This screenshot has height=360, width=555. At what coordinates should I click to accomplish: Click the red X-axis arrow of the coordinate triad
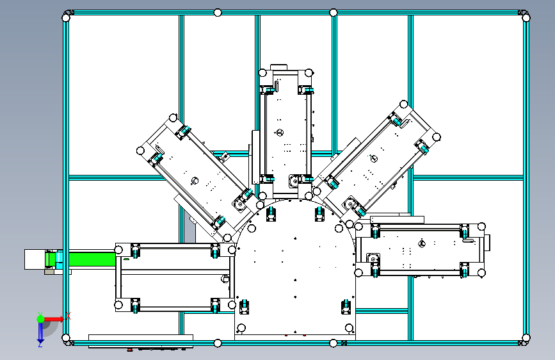[x=54, y=319]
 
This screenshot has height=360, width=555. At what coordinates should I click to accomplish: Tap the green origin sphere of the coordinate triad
[x=40, y=319]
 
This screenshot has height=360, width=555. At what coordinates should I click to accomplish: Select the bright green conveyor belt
[x=92, y=259]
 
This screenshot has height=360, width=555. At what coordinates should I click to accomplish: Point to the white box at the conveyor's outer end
[x=35, y=259]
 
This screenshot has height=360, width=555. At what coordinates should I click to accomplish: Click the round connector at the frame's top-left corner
[x=66, y=18]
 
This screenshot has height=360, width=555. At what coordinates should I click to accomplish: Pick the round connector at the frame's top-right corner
[x=526, y=18]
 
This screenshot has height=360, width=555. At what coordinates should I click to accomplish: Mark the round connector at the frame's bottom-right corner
[x=526, y=338]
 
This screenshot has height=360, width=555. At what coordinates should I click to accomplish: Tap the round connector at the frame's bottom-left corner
[x=66, y=338]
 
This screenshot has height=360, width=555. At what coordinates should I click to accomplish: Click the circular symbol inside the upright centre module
[x=280, y=133]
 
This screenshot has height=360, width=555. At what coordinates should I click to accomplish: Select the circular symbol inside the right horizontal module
[x=422, y=243]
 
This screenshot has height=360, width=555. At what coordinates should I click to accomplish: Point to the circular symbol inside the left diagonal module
[x=195, y=181]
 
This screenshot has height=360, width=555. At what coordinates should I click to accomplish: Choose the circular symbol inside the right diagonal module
[x=374, y=159]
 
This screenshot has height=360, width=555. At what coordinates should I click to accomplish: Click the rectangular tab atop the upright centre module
[x=278, y=67]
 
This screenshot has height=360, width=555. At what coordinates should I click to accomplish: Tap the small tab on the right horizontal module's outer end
[x=487, y=242]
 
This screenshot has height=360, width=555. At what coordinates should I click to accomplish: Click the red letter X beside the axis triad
[x=68, y=316]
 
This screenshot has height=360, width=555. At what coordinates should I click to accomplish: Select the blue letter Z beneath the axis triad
[x=40, y=345]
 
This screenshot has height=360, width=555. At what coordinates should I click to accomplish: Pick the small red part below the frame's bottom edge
[x=130, y=350]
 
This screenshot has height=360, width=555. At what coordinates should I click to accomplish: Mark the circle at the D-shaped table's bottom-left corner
[x=241, y=328]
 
